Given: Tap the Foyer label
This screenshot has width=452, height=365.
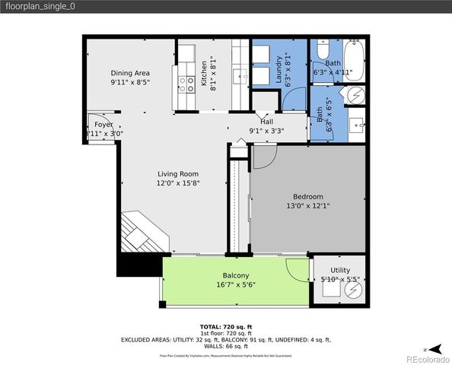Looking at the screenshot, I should coord(103,124).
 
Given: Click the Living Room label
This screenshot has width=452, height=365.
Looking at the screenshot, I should coord(178,173).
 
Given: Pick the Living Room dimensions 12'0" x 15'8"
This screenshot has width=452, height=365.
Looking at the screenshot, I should coord(178,183).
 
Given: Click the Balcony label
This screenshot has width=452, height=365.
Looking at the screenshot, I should coord(236,275).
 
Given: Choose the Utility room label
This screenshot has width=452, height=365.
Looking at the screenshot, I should coord(340,270).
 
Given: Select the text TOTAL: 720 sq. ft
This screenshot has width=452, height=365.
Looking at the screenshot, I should coord(226,325).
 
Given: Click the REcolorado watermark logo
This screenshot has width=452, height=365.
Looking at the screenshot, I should coord(427,357).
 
